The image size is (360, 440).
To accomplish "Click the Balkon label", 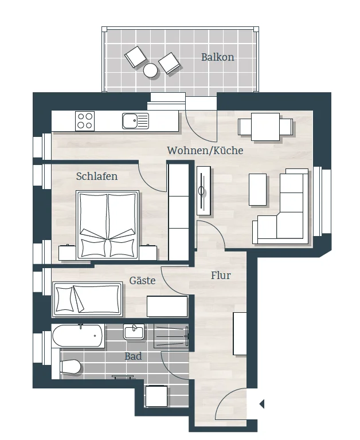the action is click(x=218, y=57).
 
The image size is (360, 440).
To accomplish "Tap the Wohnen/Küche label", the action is click(x=205, y=151).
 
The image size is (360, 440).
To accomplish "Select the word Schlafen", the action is click(x=97, y=176).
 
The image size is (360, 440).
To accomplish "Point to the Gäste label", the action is click(x=142, y=280).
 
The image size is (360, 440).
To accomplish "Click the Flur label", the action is click(x=221, y=275).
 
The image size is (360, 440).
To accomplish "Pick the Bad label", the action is click(x=133, y=356).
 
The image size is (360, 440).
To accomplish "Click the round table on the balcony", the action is click(x=150, y=70).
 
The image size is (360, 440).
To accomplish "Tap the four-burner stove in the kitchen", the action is click(x=85, y=121).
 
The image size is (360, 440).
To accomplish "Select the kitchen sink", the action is click(x=135, y=121).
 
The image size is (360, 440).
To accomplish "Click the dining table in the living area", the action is click(x=265, y=127).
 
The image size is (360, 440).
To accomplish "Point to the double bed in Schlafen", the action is click(x=108, y=225).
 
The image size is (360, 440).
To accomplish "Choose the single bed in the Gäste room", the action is click(x=87, y=299).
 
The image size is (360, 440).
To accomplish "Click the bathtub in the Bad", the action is click(x=78, y=336).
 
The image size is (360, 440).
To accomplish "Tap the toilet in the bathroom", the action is click(x=70, y=367).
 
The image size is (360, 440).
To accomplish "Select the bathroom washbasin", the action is click(x=134, y=332).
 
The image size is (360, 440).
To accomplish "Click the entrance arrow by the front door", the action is click(x=262, y=404).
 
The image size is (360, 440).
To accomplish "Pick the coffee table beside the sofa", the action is click(x=258, y=190).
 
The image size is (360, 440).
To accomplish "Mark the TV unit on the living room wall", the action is click(x=204, y=191).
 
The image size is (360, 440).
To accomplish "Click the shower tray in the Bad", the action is click(x=171, y=336).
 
